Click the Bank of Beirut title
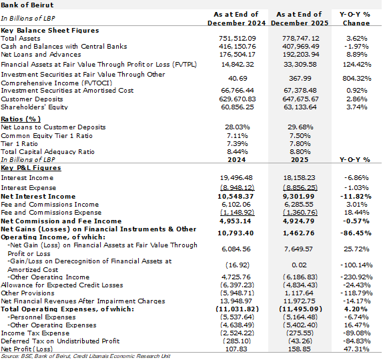coord(27,5)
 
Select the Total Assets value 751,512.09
coord(237,39)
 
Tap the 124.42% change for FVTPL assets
coord(356,65)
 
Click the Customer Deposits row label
coord(32,99)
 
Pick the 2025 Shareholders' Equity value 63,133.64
coord(300,107)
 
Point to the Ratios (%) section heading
coord(21,119)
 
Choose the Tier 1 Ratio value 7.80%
coord(300,144)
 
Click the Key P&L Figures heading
coord(31,168)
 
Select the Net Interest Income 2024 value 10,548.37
coord(236,197)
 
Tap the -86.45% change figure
coord(356,233)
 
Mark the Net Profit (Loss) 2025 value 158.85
coord(300,349)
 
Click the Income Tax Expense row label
coord(35,333)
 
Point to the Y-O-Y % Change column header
coord(356,19)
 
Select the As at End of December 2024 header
coord(236,19)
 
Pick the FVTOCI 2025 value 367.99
coord(300,79)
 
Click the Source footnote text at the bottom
coord(85,356)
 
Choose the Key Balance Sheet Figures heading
coord(50,31)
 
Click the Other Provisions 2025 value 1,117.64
coord(300,293)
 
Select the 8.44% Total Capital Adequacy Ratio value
coord(237,152)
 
